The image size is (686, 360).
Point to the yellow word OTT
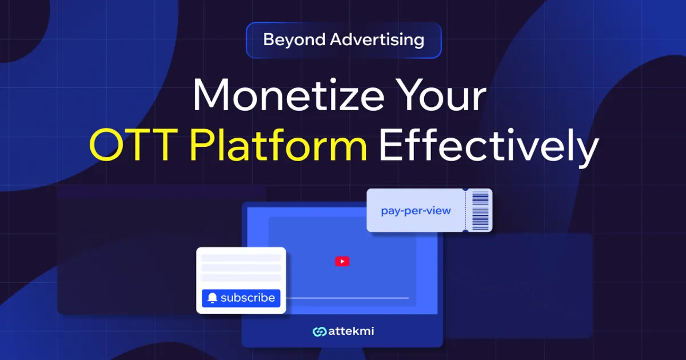point(135,146)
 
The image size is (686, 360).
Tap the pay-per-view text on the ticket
point(416,211)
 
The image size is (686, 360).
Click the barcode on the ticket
point(480,210)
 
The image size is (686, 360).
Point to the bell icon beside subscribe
point(213,298)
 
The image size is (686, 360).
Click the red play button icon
point(342,261)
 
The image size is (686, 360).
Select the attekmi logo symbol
point(319,331)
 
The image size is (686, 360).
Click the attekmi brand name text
point(351,331)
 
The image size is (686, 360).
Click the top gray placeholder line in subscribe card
point(241,258)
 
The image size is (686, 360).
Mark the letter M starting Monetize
point(210,97)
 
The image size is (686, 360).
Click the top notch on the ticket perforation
point(465,189)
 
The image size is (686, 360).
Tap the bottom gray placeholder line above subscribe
point(241,278)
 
